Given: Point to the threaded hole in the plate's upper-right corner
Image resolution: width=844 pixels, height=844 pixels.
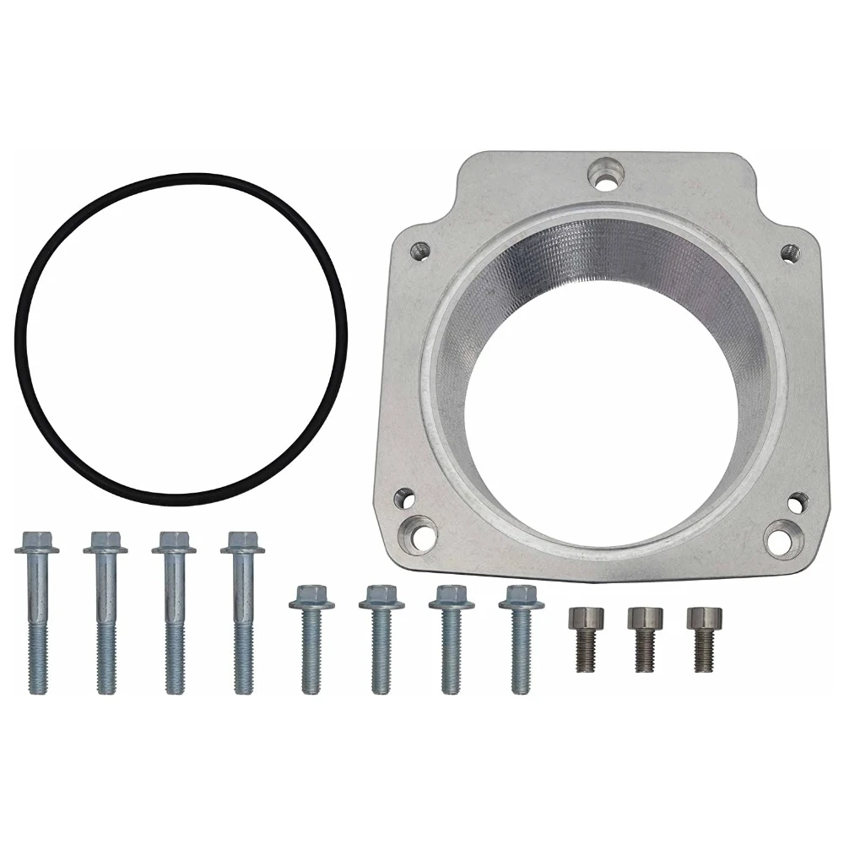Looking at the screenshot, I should click(789, 251).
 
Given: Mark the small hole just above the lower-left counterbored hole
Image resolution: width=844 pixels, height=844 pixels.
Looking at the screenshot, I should click(405, 498).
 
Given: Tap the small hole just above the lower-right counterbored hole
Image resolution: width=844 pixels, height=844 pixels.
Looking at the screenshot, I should click(797, 502).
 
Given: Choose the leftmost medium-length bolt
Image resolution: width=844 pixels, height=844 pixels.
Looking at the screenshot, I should click(310, 637).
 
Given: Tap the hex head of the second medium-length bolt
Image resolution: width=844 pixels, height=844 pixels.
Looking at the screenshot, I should click(381, 597).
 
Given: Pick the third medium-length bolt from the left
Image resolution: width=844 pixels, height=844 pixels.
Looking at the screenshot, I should click(451, 637).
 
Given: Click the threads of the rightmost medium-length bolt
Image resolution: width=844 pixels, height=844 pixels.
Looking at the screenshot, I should click(521, 663).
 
